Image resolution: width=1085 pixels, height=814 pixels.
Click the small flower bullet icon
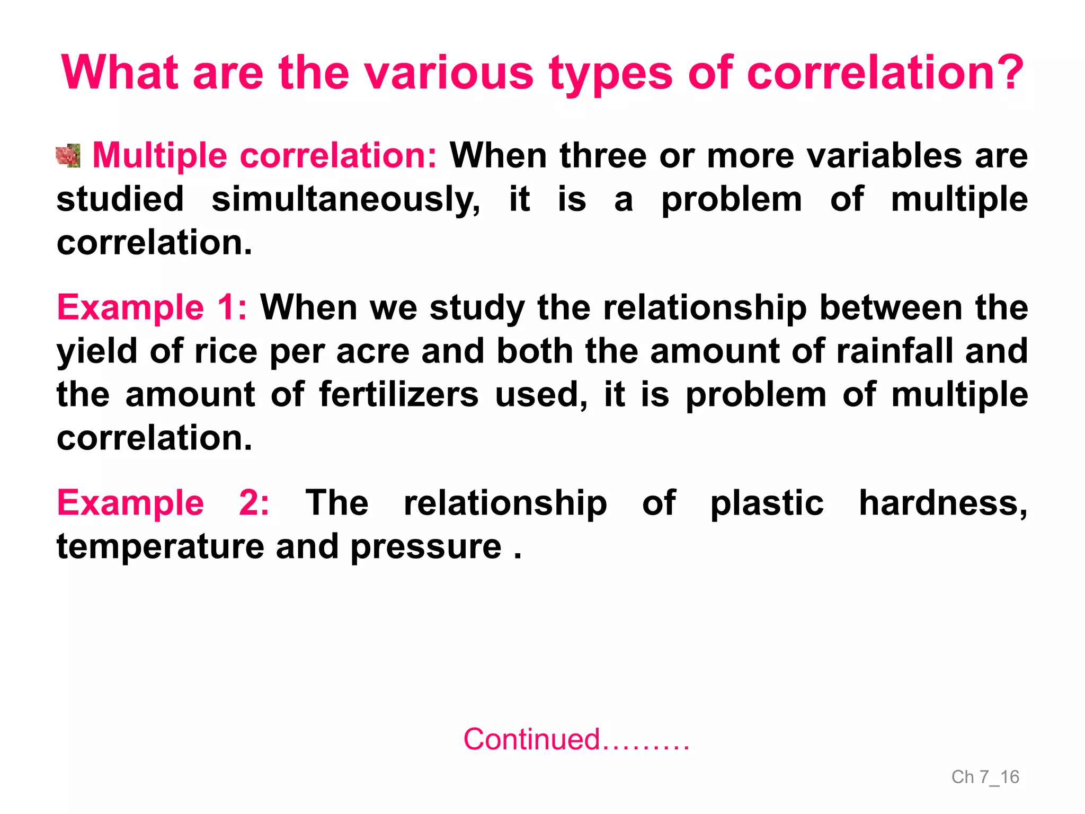pyautogui.click(x=68, y=156)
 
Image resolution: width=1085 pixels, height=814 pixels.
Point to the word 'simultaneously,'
pyautogui.click(x=346, y=200)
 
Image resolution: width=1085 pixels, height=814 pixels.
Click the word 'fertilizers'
pyautogui.click(x=398, y=395)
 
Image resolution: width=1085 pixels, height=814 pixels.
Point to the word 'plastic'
pyautogui.click(x=767, y=502)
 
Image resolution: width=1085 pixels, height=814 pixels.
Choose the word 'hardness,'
pyautogui.click(x=943, y=502)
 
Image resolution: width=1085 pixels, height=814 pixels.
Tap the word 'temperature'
pyautogui.click(x=160, y=546)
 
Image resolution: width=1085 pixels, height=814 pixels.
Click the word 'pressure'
pyautogui.click(x=425, y=546)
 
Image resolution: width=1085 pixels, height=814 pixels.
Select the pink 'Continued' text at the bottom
pyautogui.click(x=531, y=739)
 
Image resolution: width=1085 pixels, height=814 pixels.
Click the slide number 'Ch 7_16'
pyautogui.click(x=985, y=777)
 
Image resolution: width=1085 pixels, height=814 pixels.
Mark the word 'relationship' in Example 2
pyautogui.click(x=505, y=502)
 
